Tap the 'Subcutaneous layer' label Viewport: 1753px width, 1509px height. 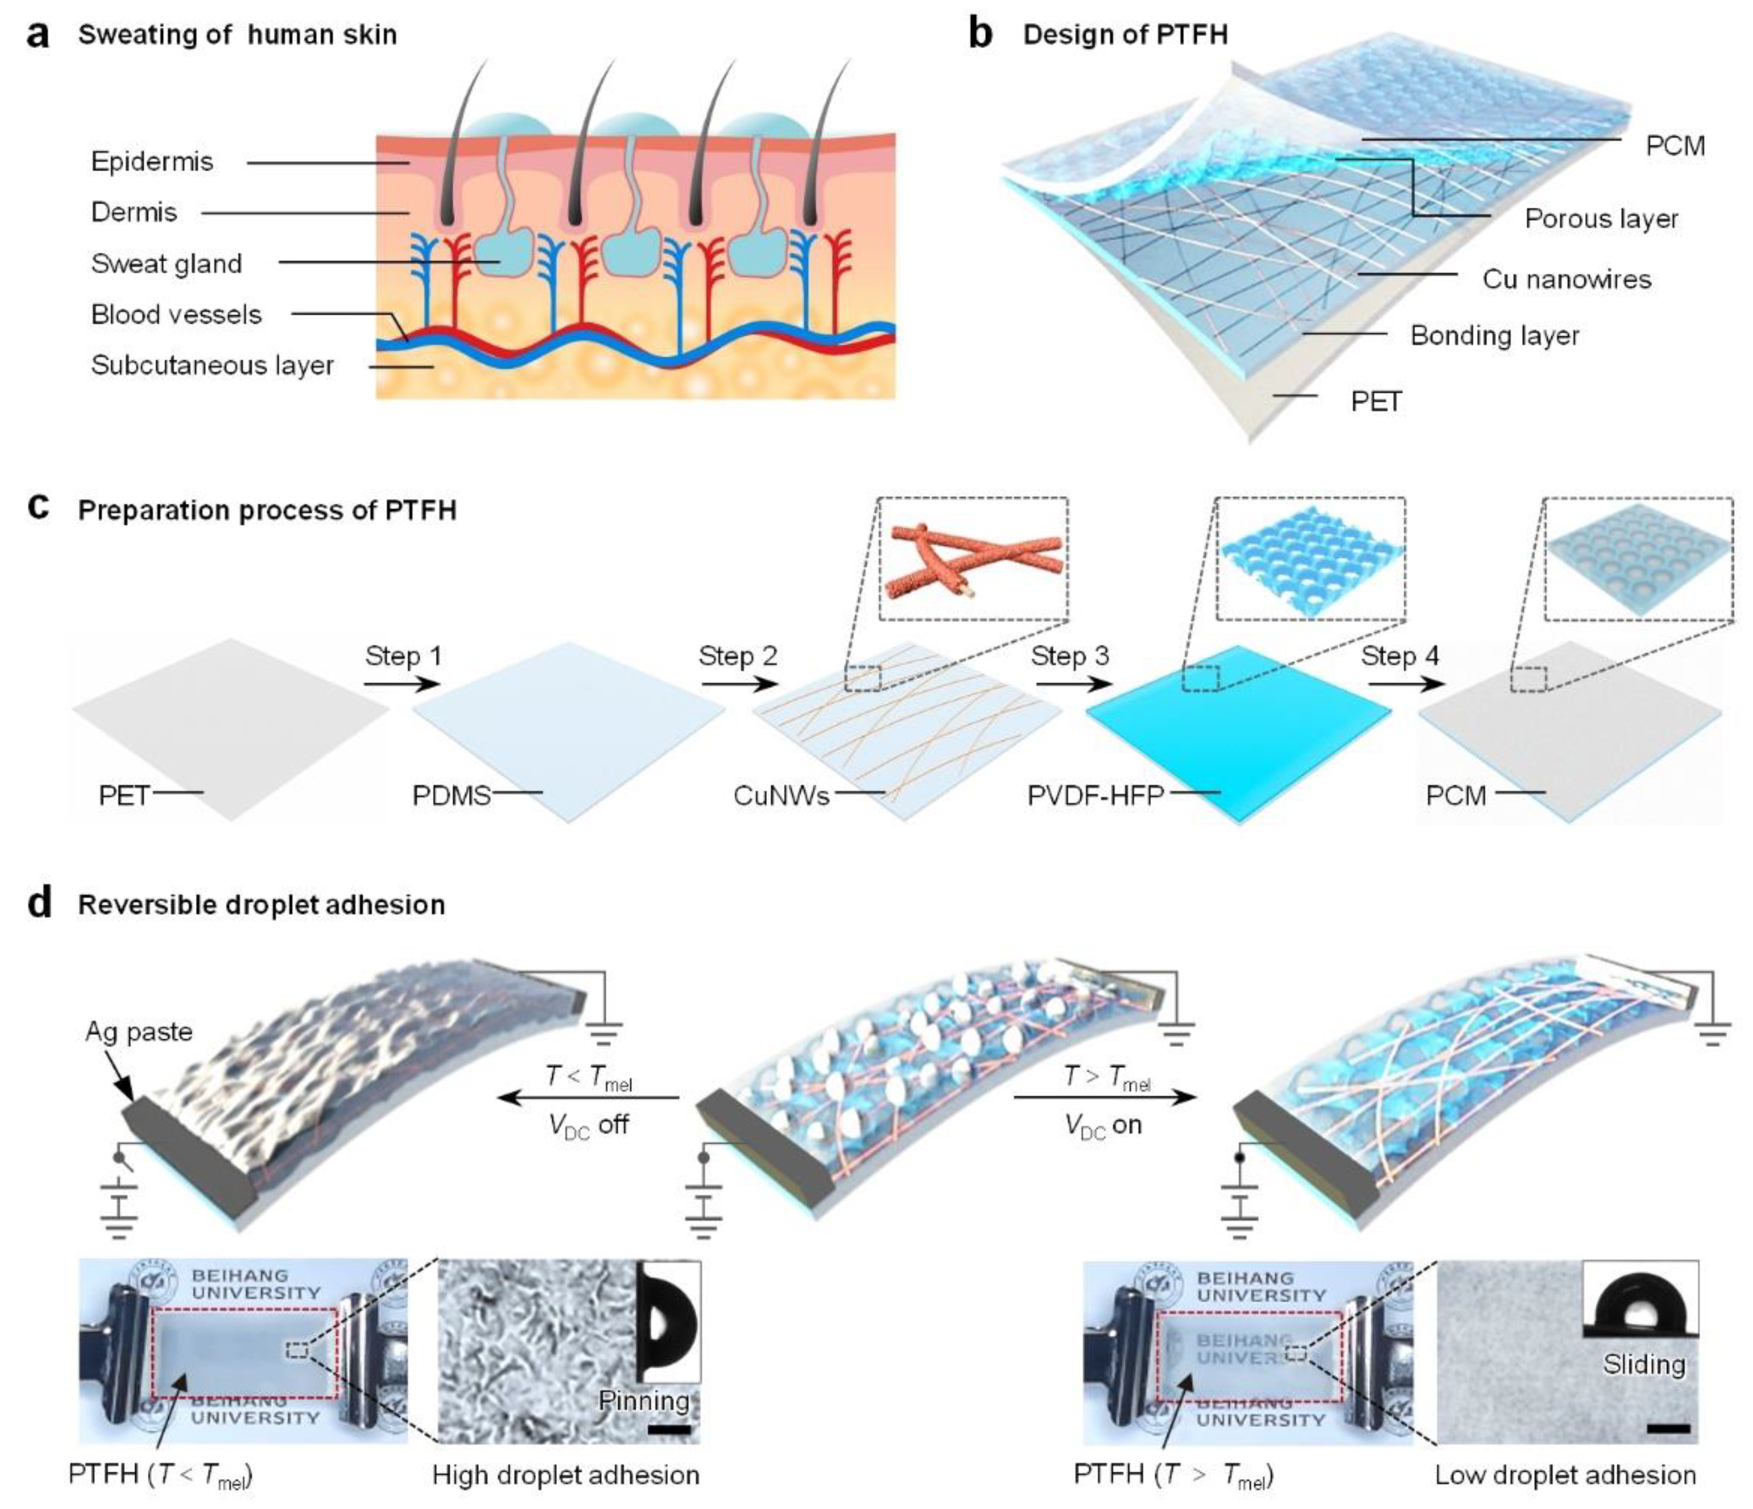212,366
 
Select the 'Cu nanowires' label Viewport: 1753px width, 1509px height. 1566,279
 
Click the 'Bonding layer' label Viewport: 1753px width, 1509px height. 1494,336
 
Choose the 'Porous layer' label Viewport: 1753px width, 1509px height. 1601,219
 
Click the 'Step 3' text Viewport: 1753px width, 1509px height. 1070,656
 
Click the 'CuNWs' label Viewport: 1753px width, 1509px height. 781,796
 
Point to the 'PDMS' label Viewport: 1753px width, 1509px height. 451,796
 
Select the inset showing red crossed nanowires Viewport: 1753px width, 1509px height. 973,559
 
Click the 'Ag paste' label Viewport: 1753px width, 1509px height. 139,1032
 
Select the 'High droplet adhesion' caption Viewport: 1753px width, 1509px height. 565,1475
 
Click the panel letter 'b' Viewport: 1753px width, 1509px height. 980,36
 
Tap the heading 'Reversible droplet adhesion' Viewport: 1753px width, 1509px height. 261,905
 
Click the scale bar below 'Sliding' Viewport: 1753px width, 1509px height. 1668,1429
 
